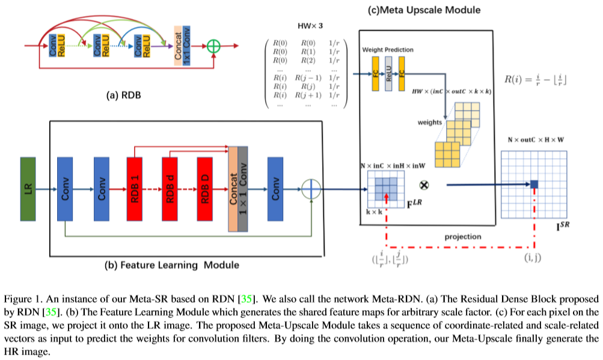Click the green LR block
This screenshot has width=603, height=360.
tap(28, 190)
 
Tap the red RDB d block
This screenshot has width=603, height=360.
tap(171, 190)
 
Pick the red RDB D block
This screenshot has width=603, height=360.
tap(206, 190)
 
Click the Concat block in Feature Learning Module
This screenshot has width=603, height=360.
tap(233, 190)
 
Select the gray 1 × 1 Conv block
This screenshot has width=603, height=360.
tap(243, 190)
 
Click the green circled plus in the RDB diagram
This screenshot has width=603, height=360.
tap(212, 46)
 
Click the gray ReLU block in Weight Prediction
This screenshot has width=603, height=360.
tap(389, 74)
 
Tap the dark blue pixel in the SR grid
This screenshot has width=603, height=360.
tap(534, 185)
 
